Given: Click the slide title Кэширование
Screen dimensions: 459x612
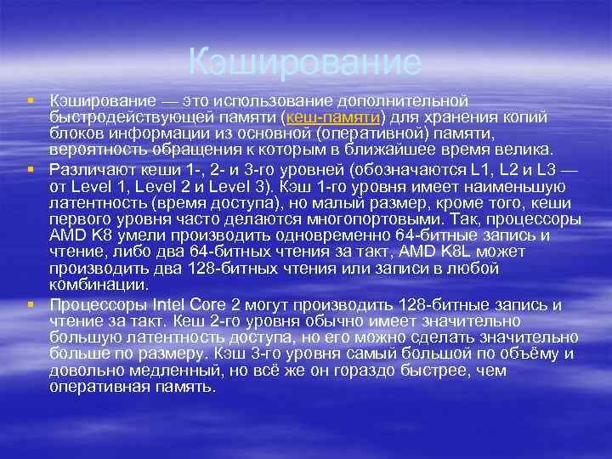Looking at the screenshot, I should (304, 62).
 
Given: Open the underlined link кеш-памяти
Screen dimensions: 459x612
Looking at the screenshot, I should (334, 117).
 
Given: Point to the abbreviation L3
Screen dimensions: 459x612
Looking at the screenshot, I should (546, 167).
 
